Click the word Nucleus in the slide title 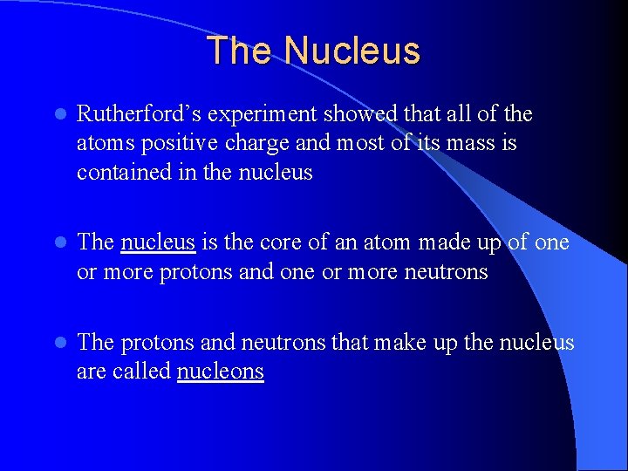pyautogui.click(x=352, y=51)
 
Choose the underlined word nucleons pyautogui.click(x=220, y=372)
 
